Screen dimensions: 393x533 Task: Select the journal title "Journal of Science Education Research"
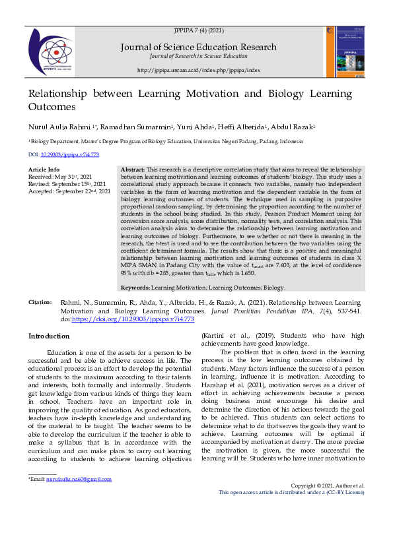click(198, 47)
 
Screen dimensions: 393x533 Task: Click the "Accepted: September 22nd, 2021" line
click(69, 191)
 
